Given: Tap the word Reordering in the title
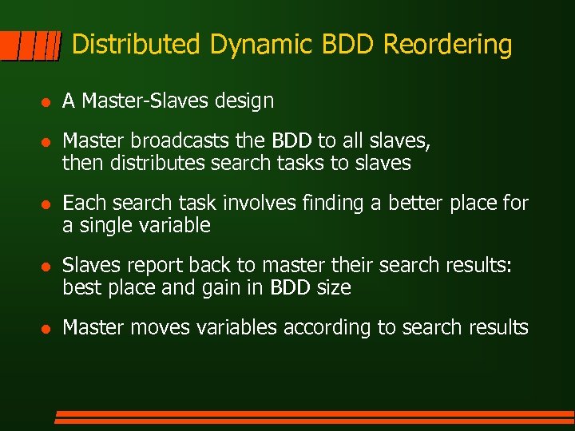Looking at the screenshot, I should (x=447, y=45).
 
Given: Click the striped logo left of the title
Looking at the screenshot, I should (x=31, y=46).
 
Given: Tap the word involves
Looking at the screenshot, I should (x=255, y=204).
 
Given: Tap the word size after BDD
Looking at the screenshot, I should (x=332, y=288).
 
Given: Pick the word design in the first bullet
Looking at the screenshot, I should (x=248, y=101).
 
